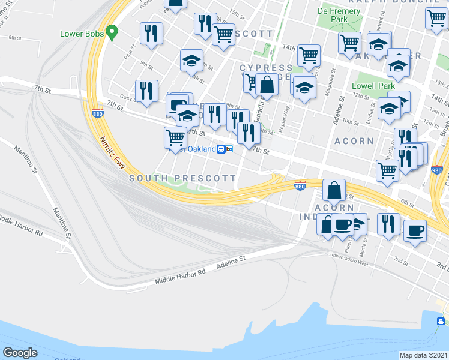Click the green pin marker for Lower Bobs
pyautogui.click(x=111, y=32)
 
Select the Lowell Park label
pyautogui.click(x=373, y=86)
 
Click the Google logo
pyautogui.click(x=20, y=353)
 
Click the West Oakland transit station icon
pyautogui.click(x=221, y=149)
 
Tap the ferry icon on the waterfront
pyautogui.click(x=441, y=322)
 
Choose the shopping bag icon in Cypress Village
pyautogui.click(x=267, y=85)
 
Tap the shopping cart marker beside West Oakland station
pyautogui.click(x=175, y=137)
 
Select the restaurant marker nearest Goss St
pyautogui.click(x=146, y=91)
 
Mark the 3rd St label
pyautogui.click(x=442, y=265)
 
